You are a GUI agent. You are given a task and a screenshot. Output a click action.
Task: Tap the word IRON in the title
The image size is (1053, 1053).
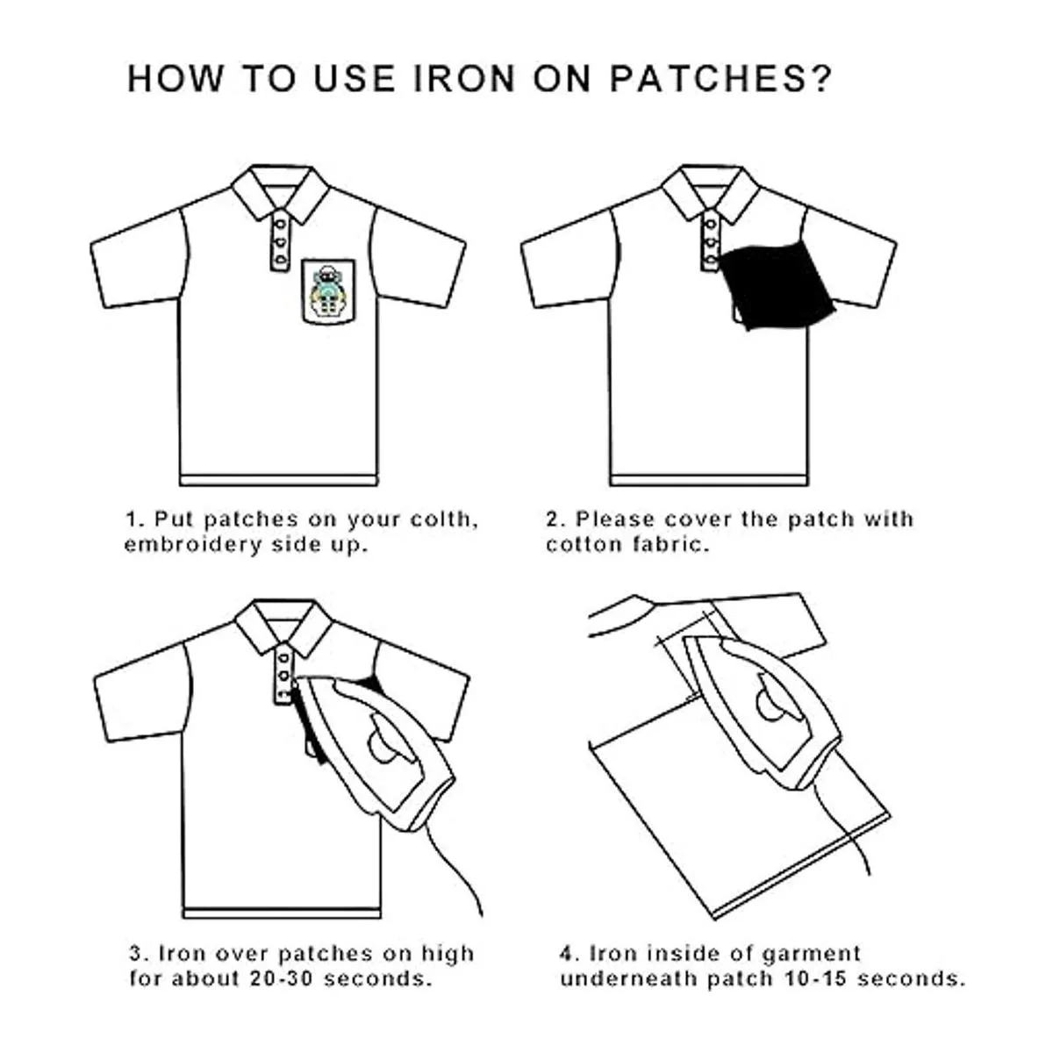464,79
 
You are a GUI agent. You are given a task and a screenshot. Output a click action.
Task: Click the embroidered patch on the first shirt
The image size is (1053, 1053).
328,292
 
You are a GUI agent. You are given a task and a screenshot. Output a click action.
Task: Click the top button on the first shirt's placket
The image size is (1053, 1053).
281,224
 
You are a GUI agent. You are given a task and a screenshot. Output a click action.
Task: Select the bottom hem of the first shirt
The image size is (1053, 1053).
279,480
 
